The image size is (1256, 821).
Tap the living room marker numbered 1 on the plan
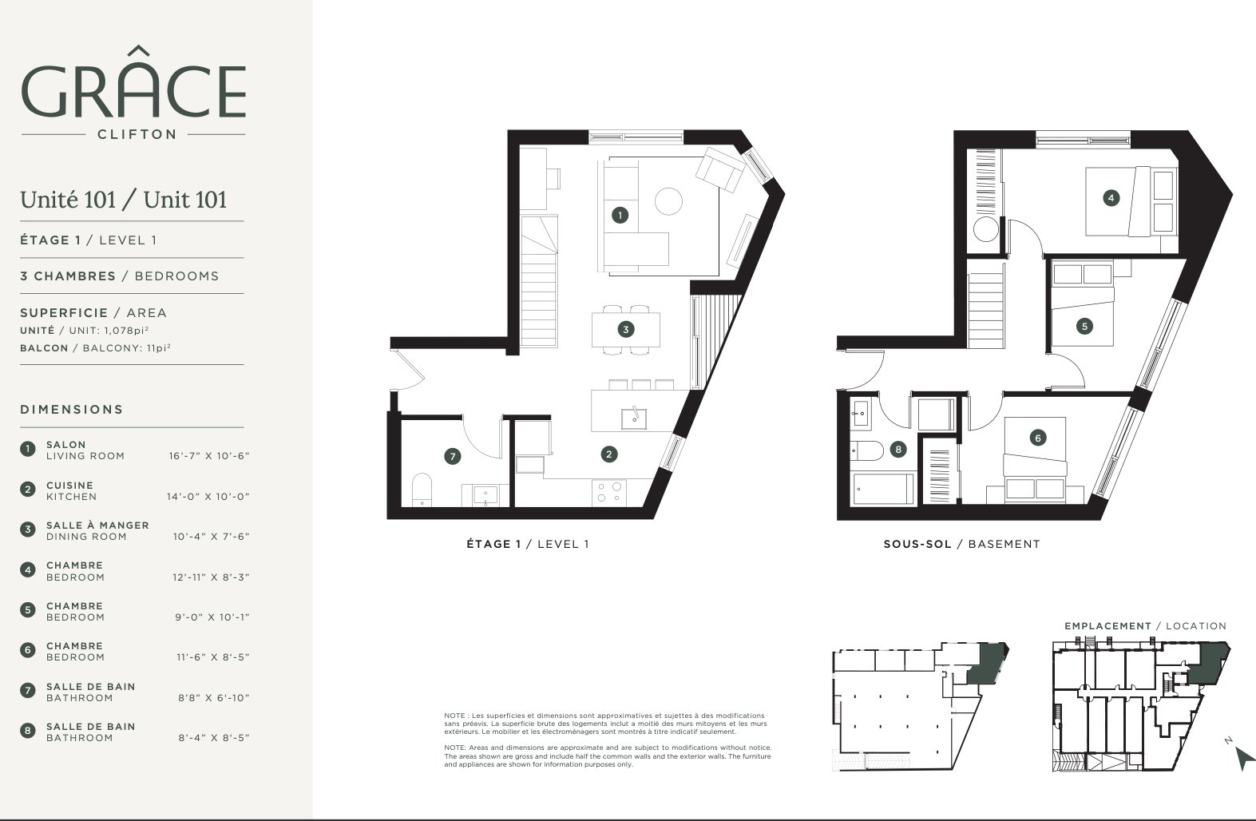(x=620, y=215)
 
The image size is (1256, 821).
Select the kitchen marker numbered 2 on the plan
(x=609, y=454)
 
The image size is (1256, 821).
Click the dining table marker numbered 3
(x=626, y=329)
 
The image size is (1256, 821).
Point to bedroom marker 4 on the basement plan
(x=1111, y=198)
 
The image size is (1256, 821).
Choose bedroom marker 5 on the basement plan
(x=1084, y=327)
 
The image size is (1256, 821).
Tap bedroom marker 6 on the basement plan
(x=1038, y=438)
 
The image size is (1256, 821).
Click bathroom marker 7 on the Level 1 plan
(x=453, y=457)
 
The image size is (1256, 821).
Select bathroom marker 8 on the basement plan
(x=898, y=449)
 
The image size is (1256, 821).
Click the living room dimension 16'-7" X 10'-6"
(x=209, y=456)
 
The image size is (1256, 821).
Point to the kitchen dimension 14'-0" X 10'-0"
(x=208, y=496)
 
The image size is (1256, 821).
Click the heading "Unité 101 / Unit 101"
(x=123, y=200)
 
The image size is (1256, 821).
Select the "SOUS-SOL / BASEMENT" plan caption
(x=961, y=544)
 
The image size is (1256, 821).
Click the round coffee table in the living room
(x=668, y=200)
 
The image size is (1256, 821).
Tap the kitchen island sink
(x=634, y=418)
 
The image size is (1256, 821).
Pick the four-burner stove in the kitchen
(x=609, y=493)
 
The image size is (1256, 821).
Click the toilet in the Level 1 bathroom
(x=422, y=490)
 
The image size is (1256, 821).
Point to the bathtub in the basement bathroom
(x=882, y=489)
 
